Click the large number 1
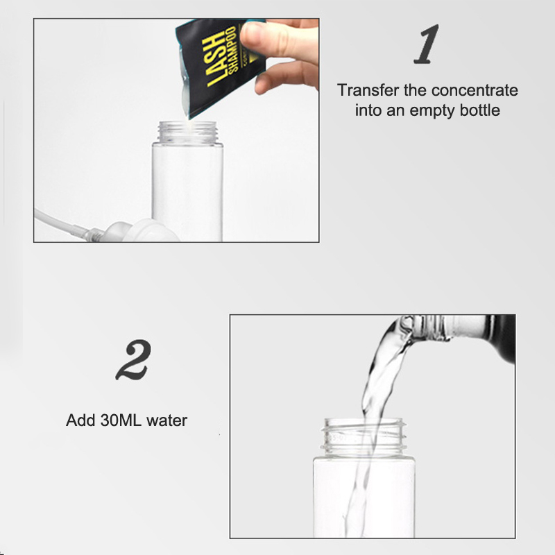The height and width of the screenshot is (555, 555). tap(427, 44)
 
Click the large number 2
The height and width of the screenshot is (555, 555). tap(133, 359)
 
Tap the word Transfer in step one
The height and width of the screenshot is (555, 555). tap(368, 90)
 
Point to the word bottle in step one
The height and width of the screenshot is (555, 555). tap(480, 110)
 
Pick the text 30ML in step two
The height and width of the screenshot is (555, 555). tap(121, 420)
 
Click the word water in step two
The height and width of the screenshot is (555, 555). tap(166, 420)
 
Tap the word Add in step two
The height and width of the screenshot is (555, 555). tap(81, 420)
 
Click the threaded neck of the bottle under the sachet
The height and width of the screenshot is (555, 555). tap(187, 132)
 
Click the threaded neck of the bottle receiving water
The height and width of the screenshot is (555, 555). tap(364, 437)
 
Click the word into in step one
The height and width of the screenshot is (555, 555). tap(368, 110)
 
